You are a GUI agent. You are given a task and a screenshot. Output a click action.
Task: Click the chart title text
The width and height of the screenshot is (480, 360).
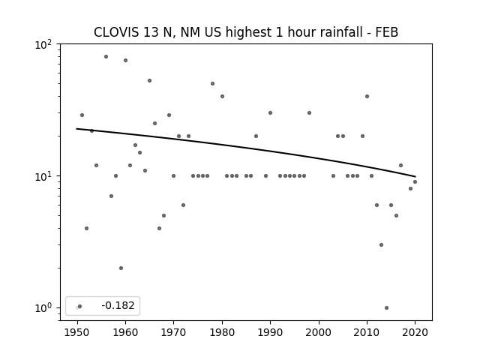click(x=246, y=32)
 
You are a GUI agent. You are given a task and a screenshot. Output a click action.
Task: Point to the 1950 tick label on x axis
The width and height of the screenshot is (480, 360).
click(x=77, y=332)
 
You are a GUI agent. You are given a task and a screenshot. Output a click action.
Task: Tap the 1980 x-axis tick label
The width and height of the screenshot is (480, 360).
click(x=222, y=332)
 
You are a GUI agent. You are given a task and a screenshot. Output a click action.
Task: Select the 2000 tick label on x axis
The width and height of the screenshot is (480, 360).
click(x=319, y=332)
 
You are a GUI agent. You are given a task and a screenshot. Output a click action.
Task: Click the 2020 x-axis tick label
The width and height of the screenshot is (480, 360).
click(x=415, y=332)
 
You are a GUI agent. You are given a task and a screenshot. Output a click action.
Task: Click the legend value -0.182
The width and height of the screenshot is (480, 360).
click(x=118, y=305)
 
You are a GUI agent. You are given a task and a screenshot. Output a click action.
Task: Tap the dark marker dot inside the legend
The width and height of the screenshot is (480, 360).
click(x=80, y=306)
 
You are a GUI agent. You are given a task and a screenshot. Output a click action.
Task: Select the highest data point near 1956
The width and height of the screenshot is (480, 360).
click(x=106, y=57)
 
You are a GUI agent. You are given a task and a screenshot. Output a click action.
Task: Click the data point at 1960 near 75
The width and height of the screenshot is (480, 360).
click(x=125, y=60)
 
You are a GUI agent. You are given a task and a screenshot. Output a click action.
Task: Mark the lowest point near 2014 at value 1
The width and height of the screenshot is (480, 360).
click(x=386, y=307)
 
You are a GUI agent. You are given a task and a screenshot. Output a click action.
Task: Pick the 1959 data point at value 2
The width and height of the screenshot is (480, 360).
click(x=121, y=268)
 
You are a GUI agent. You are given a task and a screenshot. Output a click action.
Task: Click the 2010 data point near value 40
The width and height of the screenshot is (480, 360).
click(x=367, y=97)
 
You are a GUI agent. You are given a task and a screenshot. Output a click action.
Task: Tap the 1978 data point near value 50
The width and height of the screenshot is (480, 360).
click(x=212, y=83)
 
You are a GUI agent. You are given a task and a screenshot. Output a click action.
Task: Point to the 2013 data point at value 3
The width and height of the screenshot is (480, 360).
click(x=381, y=245)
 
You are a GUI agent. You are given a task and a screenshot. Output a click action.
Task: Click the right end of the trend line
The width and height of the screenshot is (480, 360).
click(x=415, y=176)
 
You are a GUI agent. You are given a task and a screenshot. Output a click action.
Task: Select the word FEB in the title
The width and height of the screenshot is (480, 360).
click(x=387, y=32)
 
